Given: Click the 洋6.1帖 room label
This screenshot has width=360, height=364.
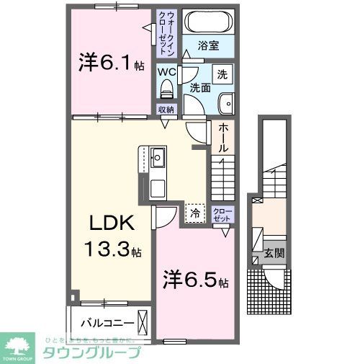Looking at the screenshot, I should (109, 63).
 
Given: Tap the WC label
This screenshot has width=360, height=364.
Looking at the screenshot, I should (167, 73).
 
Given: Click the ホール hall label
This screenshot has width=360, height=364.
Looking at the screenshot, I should (223, 137).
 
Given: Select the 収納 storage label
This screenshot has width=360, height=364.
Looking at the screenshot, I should (166, 110).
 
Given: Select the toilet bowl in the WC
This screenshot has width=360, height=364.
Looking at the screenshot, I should (167, 91).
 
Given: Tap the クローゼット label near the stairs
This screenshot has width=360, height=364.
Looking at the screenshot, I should (222, 213).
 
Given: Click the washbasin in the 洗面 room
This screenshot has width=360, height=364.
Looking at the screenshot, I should (225, 103).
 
